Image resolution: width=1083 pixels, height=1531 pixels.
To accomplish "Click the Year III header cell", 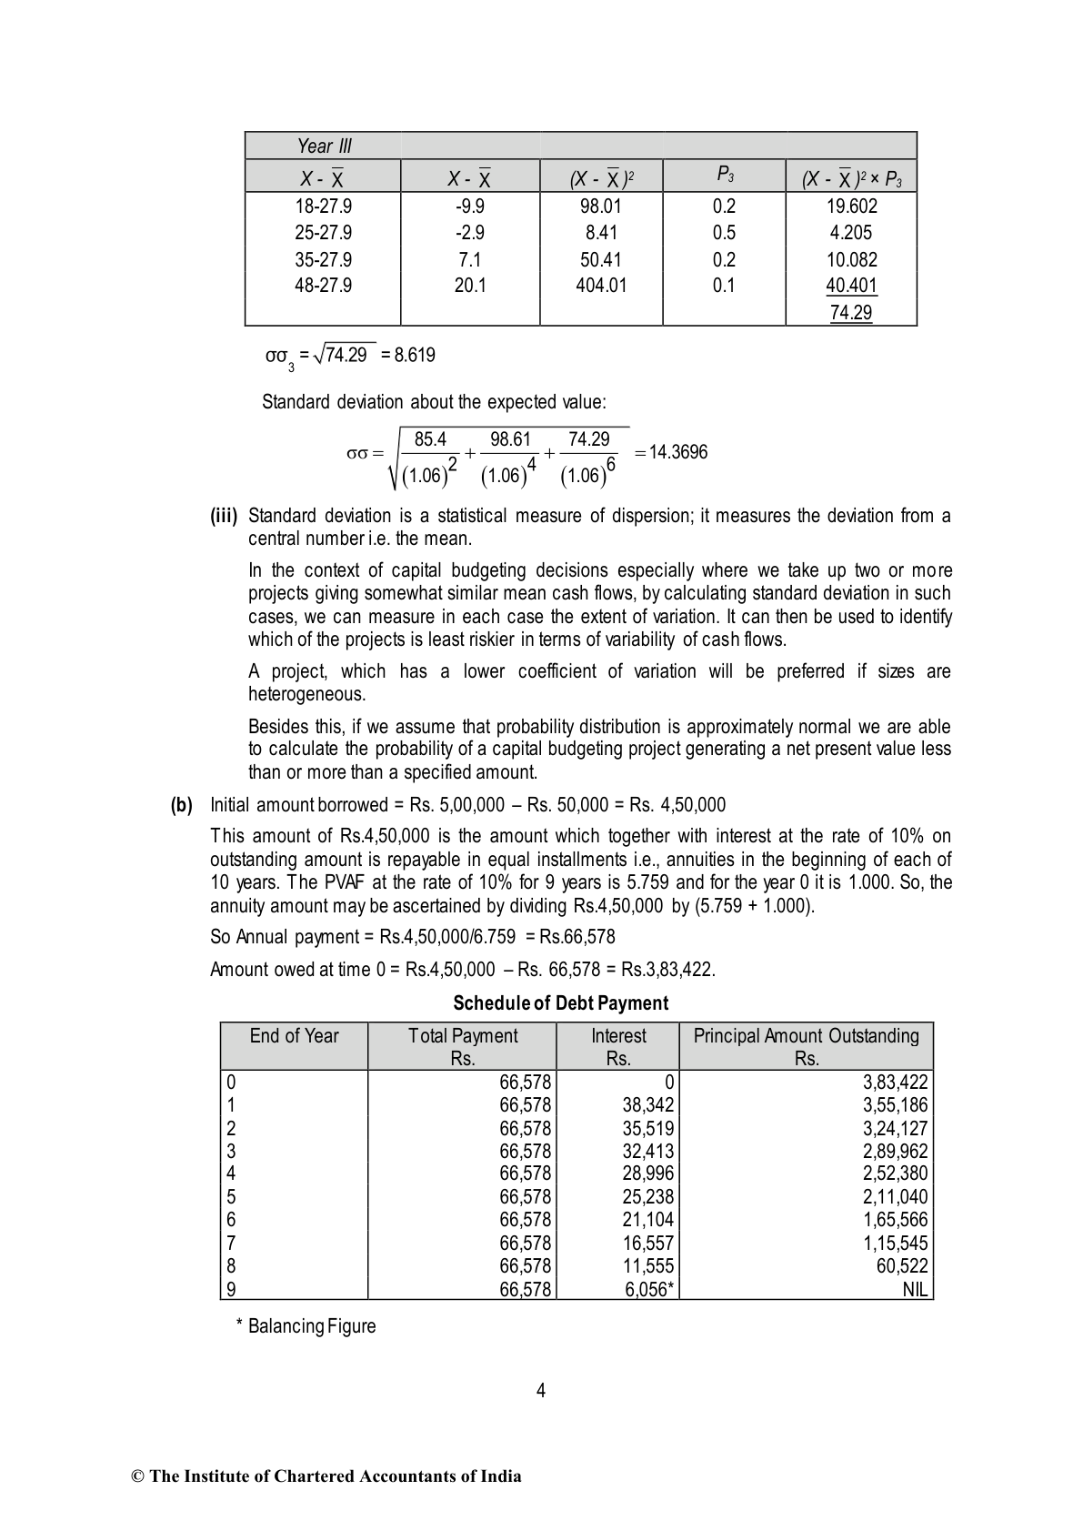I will click(324, 146).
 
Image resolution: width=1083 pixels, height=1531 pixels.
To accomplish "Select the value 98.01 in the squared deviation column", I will click(601, 206).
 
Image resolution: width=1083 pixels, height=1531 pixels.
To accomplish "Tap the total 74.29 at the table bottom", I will click(851, 313).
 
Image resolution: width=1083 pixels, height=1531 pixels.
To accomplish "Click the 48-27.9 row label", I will click(323, 286).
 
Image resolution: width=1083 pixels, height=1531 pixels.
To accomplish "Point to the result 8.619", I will click(415, 356).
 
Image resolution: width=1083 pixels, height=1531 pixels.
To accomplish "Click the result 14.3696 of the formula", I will click(677, 453).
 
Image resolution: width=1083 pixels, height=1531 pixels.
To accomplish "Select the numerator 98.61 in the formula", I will click(510, 440).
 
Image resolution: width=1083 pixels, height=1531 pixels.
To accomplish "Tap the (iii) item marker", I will click(224, 517).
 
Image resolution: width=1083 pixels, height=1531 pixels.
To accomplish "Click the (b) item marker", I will click(182, 805).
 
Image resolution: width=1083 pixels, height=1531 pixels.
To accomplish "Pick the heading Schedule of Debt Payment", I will click(560, 1003).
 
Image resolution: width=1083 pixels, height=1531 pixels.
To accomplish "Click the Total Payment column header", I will click(463, 1036).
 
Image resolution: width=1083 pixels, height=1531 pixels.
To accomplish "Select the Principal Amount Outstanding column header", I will click(806, 1036).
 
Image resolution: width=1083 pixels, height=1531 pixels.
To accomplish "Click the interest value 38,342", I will click(648, 1105).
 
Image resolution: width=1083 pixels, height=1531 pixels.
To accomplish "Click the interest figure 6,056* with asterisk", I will click(650, 1289).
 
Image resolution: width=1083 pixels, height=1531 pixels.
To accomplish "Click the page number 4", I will click(541, 1390).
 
